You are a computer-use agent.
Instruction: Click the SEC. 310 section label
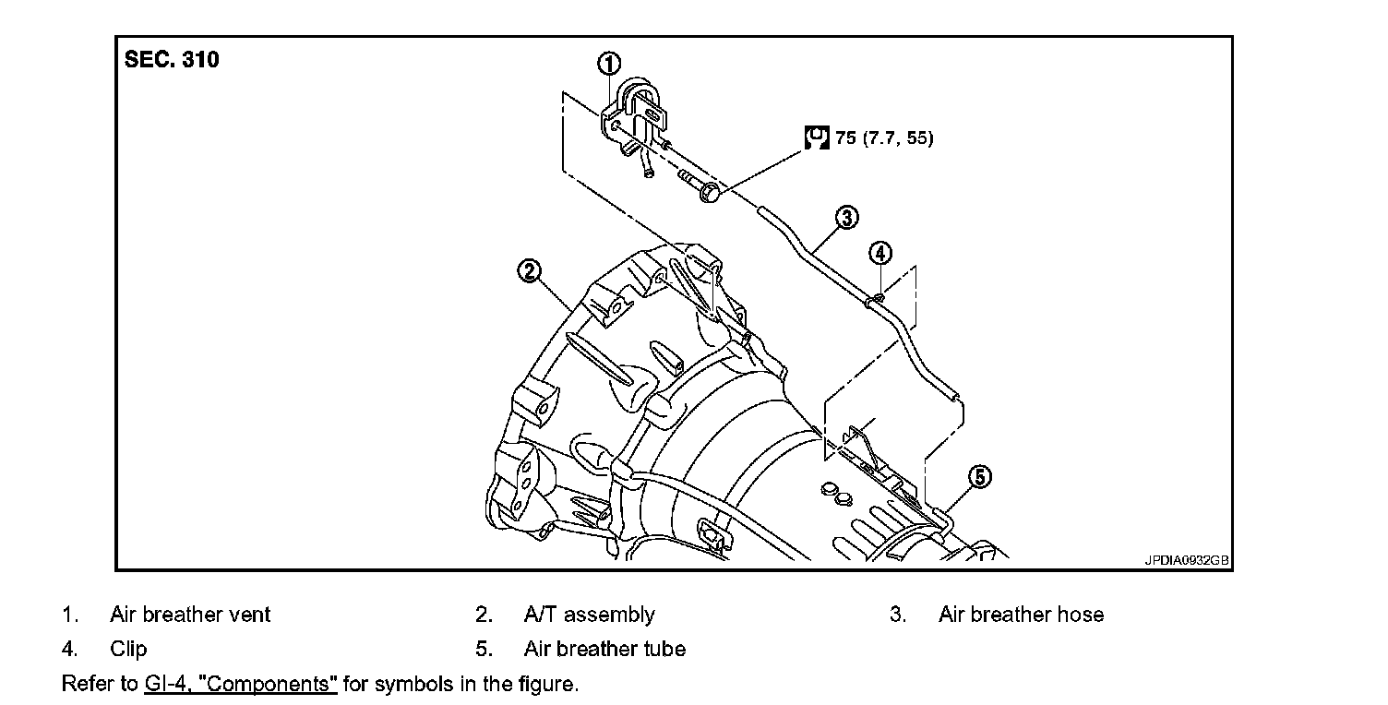point(173,61)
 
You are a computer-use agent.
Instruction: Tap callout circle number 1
point(608,64)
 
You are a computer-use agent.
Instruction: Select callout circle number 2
point(529,270)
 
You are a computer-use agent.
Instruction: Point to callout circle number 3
point(846,218)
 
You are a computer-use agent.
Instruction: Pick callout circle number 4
point(880,252)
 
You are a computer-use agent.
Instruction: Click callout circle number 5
point(979,476)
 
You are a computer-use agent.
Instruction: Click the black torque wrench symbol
point(816,138)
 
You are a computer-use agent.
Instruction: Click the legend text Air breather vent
point(190,615)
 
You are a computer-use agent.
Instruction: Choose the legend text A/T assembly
point(589,615)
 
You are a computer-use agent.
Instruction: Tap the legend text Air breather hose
point(1021,615)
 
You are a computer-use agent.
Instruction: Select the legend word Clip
point(128,649)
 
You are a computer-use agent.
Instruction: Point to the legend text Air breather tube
point(604,649)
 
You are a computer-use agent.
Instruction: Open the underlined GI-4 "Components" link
point(241,685)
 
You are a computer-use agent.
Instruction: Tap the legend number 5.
point(482,649)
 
